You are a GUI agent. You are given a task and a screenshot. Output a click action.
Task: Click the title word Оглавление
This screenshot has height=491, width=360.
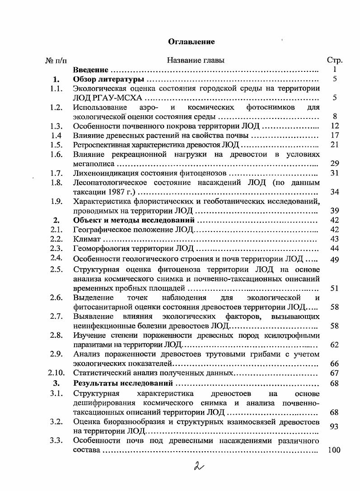tap(191, 42)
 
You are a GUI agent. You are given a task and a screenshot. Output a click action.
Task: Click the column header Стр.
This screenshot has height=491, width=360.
tap(334, 60)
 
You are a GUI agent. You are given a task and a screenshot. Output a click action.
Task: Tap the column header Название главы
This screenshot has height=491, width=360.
tap(196, 60)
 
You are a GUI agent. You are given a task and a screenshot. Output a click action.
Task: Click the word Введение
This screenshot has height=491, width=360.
tap(91, 70)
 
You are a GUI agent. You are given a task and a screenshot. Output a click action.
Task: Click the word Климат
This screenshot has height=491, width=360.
tap(87, 239)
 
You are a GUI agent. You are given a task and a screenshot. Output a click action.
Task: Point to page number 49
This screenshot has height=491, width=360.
tap(335, 260)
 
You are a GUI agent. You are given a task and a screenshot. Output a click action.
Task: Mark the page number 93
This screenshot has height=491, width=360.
tap(335, 426)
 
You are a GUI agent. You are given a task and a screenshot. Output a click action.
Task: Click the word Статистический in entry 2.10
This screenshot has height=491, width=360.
tap(101, 373)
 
